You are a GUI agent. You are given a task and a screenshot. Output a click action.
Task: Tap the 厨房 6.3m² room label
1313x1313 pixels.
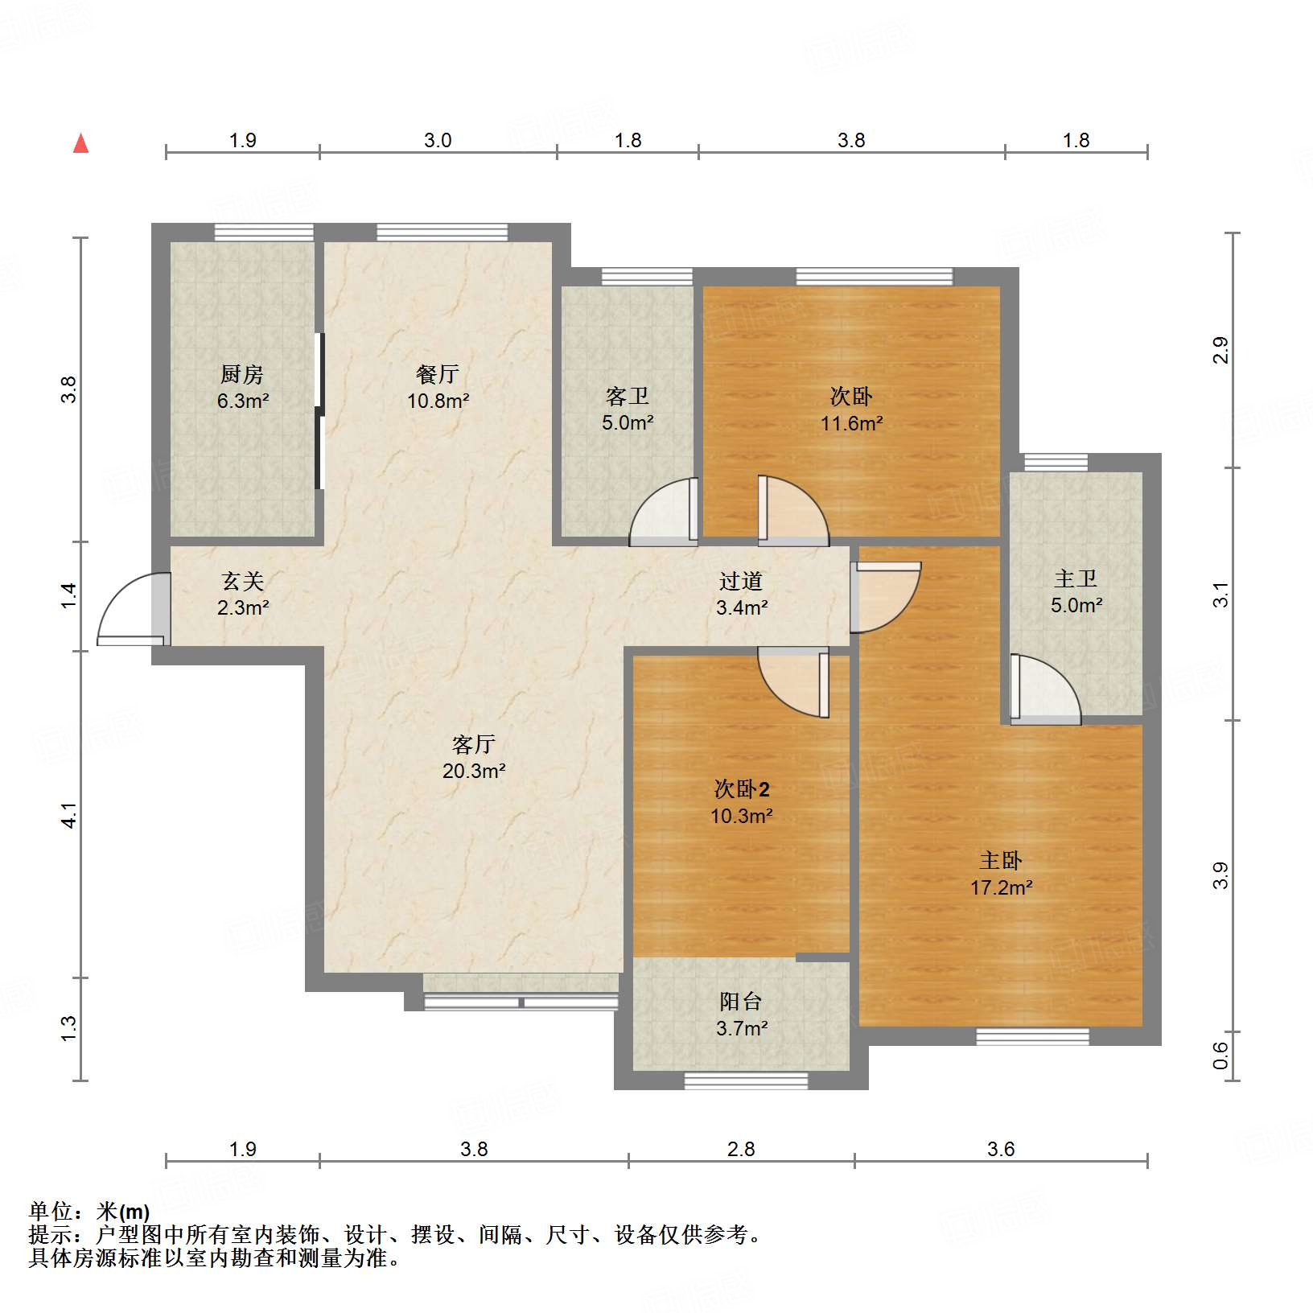[x=242, y=387]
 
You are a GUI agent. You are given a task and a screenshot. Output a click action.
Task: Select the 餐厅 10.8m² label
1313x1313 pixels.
[x=438, y=387]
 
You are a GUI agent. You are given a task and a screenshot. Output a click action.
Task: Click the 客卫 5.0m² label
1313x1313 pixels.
[x=628, y=409]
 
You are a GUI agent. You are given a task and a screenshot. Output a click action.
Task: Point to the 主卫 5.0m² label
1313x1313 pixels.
[x=1076, y=591]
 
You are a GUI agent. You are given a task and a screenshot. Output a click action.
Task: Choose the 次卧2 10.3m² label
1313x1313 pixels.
[x=741, y=802]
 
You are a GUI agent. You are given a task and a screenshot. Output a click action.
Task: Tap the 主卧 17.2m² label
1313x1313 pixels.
[x=1001, y=874]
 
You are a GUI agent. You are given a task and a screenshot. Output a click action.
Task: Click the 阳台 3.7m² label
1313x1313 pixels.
[x=741, y=1014]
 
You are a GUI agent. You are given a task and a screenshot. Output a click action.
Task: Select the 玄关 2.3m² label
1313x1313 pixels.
[x=242, y=594]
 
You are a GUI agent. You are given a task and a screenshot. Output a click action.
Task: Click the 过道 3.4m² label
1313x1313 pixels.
[x=741, y=594]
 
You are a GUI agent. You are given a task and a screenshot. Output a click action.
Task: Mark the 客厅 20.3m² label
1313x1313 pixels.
[x=473, y=757]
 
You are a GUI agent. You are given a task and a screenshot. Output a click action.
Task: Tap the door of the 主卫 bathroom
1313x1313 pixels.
[x=1043, y=689]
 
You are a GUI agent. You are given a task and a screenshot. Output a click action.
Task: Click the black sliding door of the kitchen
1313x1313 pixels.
[x=319, y=410]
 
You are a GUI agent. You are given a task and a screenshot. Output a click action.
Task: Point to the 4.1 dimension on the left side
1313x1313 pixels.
[x=70, y=815]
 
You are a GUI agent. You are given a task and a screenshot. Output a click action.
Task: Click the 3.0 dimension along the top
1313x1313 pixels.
[x=438, y=140]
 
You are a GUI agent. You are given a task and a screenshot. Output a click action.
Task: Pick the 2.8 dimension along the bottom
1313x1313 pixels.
[x=741, y=1149]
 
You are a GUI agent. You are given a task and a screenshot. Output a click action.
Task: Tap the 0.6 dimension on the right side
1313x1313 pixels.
[x=1221, y=1055]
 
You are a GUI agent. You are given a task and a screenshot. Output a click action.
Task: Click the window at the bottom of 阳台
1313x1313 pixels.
[x=746, y=1080]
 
